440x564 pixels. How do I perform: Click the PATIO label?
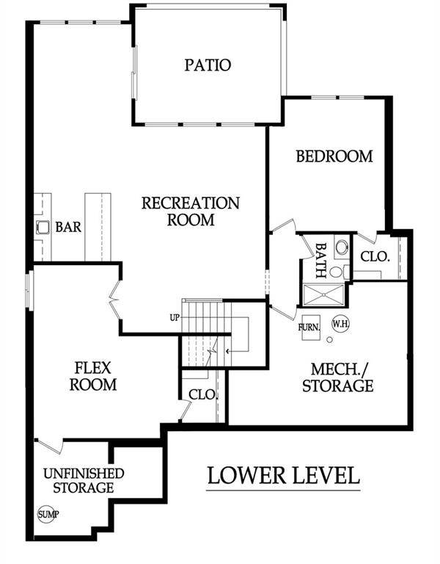(x=207, y=65)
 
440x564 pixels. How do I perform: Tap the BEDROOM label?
(x=334, y=156)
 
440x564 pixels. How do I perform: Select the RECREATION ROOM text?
(x=191, y=211)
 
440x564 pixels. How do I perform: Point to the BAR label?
(x=68, y=228)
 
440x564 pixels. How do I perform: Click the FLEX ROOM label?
(x=93, y=375)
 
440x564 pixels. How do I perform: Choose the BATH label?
(x=320, y=260)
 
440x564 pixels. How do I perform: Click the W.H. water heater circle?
(x=340, y=322)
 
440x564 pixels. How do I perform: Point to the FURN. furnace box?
(x=309, y=328)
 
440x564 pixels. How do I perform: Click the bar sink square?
(x=43, y=228)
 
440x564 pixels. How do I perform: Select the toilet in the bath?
(x=341, y=247)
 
